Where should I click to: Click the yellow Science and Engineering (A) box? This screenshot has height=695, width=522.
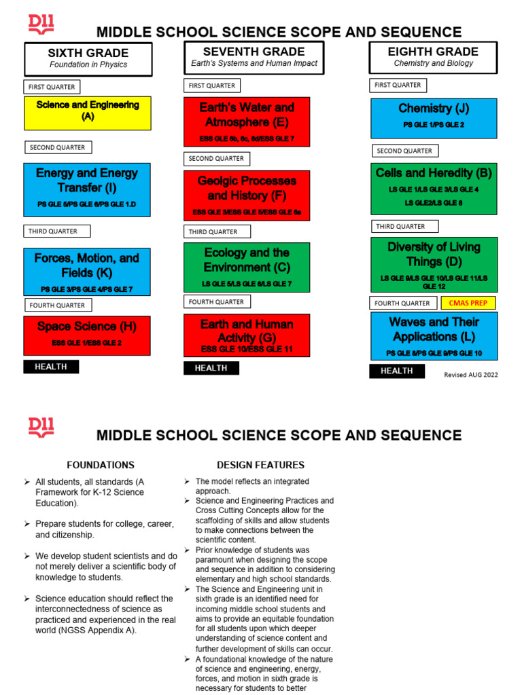(87, 113)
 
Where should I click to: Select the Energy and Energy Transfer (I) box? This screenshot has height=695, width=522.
(87, 189)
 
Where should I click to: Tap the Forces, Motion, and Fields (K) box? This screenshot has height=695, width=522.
(87, 272)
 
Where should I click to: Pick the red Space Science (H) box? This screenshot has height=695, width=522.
(87, 335)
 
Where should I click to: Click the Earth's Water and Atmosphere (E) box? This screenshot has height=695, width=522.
(247, 121)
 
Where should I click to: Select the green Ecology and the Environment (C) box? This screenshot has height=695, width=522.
(247, 266)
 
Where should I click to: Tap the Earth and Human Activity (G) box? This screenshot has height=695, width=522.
(247, 335)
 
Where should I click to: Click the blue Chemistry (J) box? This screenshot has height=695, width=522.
(434, 118)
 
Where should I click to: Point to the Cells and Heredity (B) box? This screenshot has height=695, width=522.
(434, 189)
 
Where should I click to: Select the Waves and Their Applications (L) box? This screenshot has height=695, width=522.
(434, 335)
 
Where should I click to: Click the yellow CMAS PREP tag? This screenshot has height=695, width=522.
(468, 303)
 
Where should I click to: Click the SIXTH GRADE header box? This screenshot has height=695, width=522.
(88, 58)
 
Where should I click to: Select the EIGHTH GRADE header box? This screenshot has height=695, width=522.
(433, 57)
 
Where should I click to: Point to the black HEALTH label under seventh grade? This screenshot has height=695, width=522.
(211, 368)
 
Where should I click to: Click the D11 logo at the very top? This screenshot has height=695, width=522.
(41, 25)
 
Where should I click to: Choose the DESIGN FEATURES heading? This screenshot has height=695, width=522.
(260, 465)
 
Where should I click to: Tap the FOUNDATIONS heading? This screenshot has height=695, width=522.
(101, 465)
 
